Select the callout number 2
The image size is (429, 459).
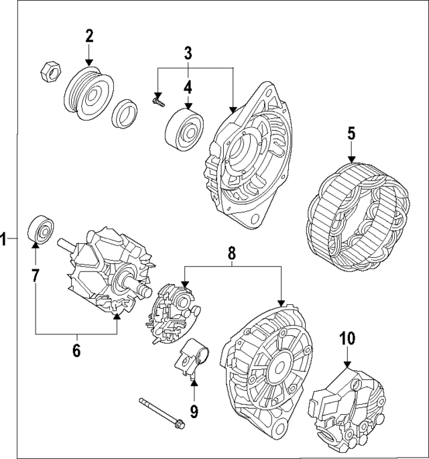(x=90, y=36)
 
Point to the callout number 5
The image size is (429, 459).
(x=351, y=133)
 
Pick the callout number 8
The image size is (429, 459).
(x=232, y=253)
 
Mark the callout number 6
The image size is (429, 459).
(x=76, y=349)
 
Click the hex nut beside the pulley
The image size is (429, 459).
(x=50, y=69)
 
